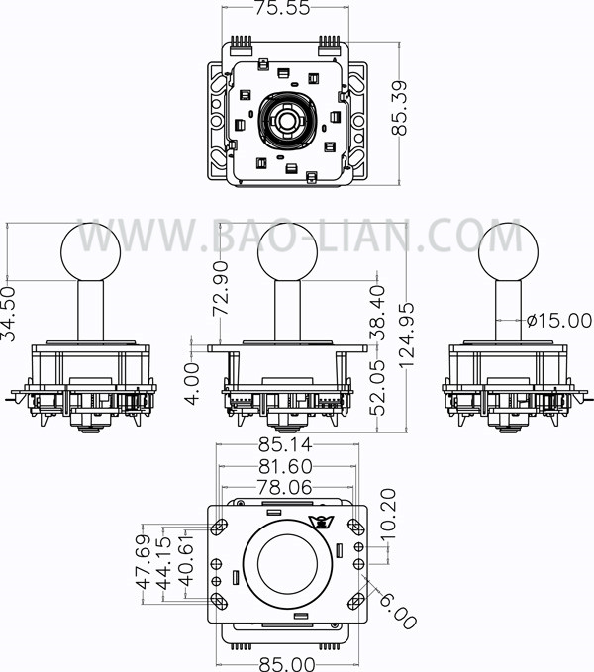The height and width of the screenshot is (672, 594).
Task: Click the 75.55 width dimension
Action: tap(282, 8)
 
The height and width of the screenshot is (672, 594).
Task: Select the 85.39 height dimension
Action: tap(399, 108)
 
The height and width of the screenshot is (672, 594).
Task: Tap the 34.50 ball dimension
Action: tap(8, 314)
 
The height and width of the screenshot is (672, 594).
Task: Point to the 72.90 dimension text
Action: tap(221, 289)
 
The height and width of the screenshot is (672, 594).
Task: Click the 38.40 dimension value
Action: tap(377, 313)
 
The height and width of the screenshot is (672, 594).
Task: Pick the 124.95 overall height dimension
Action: tap(406, 336)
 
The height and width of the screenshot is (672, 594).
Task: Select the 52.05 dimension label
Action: tap(377, 388)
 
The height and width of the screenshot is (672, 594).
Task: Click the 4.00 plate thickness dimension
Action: tap(192, 384)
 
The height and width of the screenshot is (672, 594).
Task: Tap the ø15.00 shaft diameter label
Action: tap(559, 320)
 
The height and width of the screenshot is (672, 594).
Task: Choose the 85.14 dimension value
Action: tap(285, 445)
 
